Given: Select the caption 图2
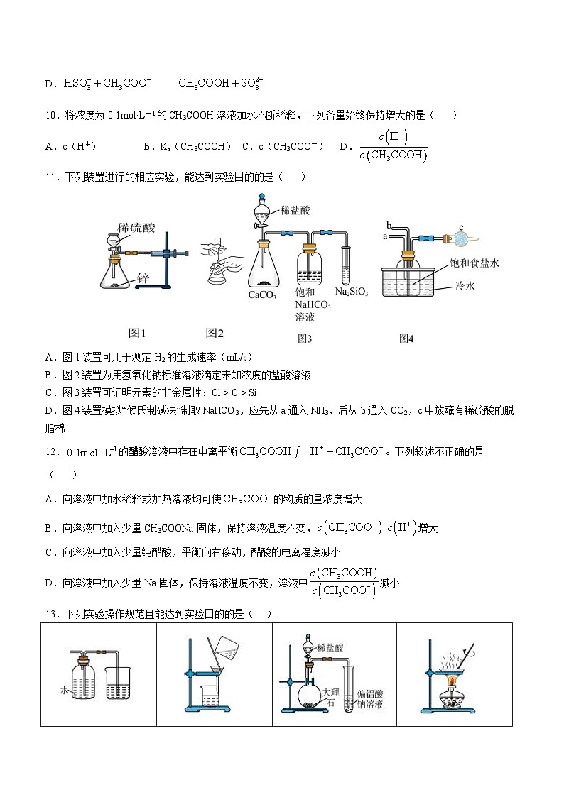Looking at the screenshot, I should (215, 332).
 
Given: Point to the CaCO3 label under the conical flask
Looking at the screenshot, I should (262, 295).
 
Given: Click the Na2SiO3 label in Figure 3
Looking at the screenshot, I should (351, 292).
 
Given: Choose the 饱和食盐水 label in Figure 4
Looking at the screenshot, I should (474, 263).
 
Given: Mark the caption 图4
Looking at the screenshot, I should (406, 339).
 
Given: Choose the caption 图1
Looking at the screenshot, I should (136, 332).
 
